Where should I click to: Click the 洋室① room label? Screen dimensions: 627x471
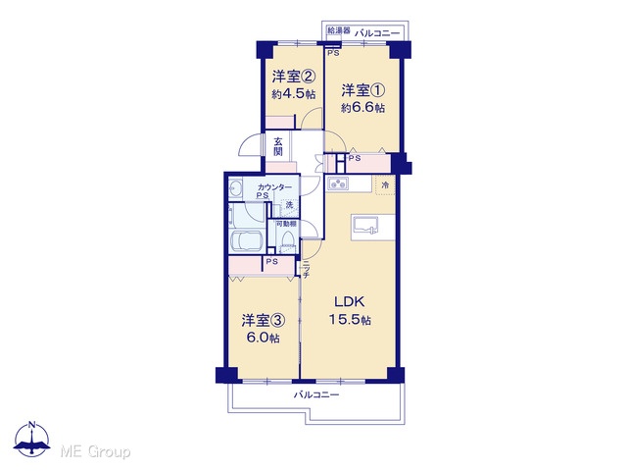click(x=362, y=90)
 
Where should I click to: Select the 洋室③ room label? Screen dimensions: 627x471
click(x=263, y=321)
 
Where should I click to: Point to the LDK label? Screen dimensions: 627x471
click(x=350, y=301)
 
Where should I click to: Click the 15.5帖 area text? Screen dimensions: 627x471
click(x=350, y=320)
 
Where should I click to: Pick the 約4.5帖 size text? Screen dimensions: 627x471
click(x=294, y=94)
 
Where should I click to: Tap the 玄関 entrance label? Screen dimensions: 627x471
click(x=278, y=146)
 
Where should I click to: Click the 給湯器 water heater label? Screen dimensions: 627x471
click(x=339, y=30)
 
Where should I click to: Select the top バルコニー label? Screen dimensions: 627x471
click(x=377, y=33)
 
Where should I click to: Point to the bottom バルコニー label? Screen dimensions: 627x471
click(x=316, y=394)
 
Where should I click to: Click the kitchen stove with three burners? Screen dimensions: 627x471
click(x=338, y=183)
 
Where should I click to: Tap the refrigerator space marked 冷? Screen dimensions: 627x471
click(x=385, y=185)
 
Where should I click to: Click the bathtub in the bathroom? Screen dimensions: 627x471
click(x=246, y=241)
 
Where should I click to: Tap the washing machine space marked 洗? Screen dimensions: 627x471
click(x=289, y=205)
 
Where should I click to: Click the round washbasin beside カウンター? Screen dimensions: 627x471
click(x=235, y=187)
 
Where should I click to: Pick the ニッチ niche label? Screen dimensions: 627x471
click(x=306, y=270)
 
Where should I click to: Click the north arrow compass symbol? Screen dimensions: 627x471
click(x=32, y=440)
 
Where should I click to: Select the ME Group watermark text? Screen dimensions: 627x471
click(x=96, y=451)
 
